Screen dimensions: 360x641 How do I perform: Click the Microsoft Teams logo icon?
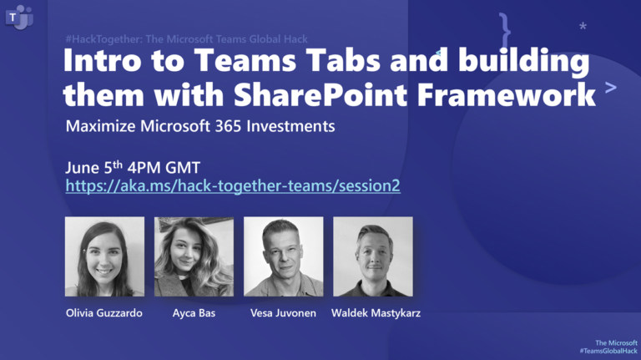(x=18, y=17)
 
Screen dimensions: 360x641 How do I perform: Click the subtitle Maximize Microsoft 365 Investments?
(x=200, y=128)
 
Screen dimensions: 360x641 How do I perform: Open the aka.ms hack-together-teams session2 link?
(x=233, y=185)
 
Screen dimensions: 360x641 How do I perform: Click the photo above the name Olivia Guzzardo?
(x=104, y=256)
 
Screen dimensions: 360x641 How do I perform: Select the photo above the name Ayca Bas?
(x=194, y=256)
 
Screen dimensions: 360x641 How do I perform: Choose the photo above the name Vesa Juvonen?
(x=283, y=256)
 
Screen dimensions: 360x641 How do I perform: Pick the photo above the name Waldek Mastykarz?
(x=372, y=256)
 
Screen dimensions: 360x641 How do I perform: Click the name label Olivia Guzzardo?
(x=104, y=313)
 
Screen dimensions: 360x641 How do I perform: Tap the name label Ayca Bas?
(x=194, y=313)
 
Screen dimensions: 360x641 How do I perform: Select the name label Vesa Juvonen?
(x=283, y=313)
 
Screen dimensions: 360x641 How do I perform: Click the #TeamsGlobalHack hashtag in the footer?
(x=608, y=351)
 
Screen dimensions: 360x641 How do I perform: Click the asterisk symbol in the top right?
(x=583, y=27)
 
